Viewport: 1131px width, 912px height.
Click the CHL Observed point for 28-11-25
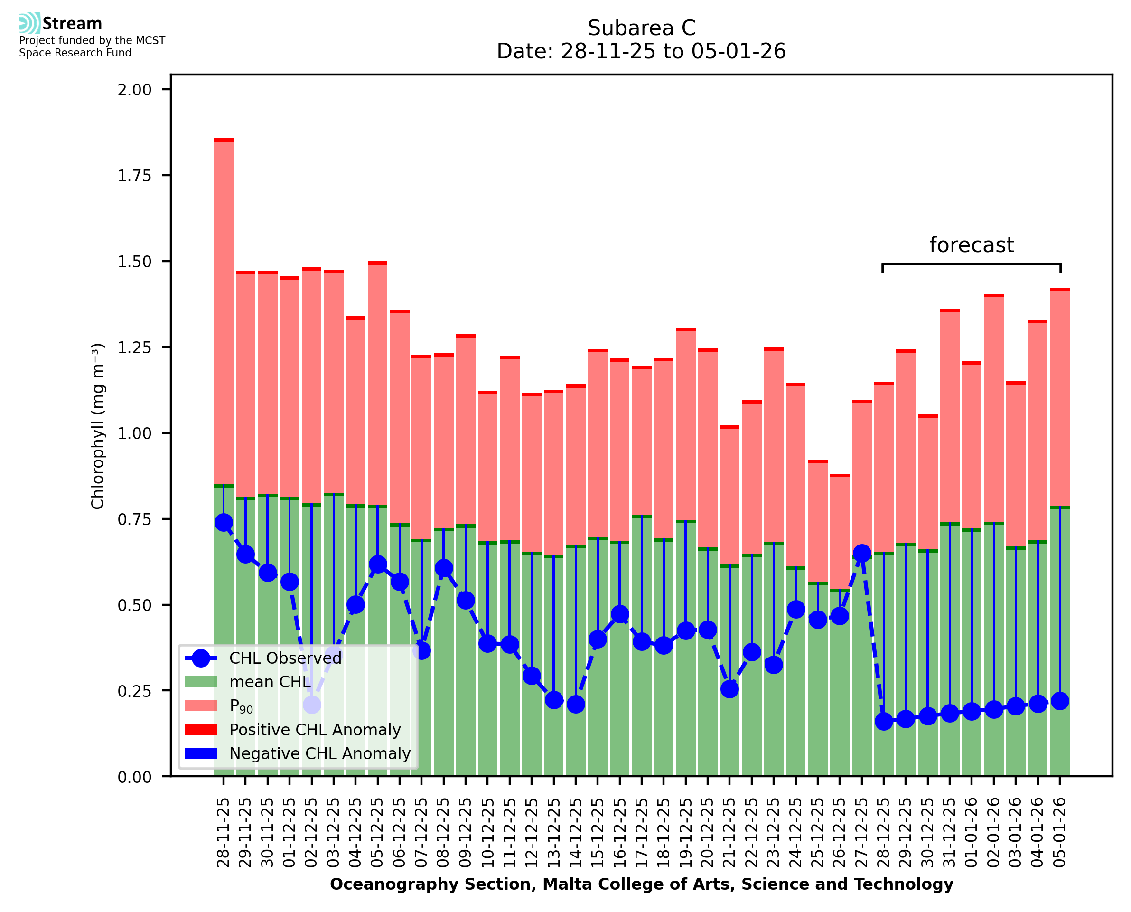(224, 522)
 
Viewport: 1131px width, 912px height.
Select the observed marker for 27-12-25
(861, 553)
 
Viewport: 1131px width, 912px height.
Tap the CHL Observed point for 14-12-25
(576, 705)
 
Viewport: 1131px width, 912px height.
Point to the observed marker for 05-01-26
(1060, 701)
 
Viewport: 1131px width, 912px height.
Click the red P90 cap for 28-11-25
(224, 140)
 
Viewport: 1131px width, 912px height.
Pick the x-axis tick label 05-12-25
(377, 833)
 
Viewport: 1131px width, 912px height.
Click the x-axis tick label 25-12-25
(818, 833)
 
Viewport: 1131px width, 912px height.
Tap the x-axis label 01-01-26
(972, 833)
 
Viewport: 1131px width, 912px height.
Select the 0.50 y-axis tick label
(134, 605)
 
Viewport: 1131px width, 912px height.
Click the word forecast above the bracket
(972, 245)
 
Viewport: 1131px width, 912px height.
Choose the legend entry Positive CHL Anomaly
(315, 730)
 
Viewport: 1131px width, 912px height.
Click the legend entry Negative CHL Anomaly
(320, 753)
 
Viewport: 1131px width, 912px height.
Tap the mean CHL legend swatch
(201, 682)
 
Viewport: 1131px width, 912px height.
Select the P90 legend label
(241, 706)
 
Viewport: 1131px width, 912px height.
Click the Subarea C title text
(641, 28)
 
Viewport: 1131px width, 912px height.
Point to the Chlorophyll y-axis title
(98, 425)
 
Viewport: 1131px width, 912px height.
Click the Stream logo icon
(29, 23)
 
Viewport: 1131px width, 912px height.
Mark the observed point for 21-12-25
(729, 689)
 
